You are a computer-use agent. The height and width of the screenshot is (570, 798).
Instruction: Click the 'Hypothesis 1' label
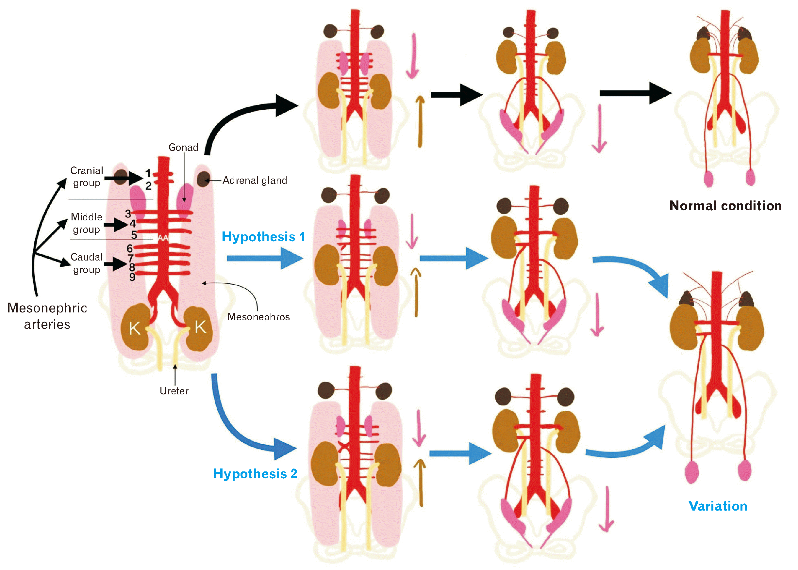(x=263, y=237)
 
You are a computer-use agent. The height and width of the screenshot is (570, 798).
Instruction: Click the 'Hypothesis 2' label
(x=255, y=474)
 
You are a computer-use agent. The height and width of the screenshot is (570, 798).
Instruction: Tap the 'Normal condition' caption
(x=726, y=206)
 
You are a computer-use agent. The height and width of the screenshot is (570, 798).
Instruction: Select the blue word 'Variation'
(x=718, y=506)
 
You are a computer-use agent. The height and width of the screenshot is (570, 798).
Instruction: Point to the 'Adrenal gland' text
(x=255, y=181)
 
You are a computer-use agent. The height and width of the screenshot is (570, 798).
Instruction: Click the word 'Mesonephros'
(x=258, y=317)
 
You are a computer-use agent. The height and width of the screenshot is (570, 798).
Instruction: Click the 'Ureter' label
(x=174, y=391)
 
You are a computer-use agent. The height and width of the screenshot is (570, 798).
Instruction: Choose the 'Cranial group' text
(x=87, y=177)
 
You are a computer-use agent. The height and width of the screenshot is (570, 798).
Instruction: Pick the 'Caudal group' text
(x=87, y=263)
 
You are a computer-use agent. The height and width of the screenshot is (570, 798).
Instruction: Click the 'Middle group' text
(x=86, y=223)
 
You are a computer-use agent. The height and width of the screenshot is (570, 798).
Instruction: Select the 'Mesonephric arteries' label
(x=47, y=316)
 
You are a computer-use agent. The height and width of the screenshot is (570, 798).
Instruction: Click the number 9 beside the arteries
(x=132, y=277)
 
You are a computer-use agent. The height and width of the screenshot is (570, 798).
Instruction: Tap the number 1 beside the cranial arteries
(x=148, y=173)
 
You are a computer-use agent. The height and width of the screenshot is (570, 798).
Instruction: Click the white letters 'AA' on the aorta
(x=163, y=238)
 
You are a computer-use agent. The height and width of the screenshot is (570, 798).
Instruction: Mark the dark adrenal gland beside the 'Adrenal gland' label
(x=203, y=179)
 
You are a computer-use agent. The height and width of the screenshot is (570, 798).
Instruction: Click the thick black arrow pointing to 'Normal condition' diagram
(x=636, y=93)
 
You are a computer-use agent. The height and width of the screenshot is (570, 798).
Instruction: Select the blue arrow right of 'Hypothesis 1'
(x=265, y=259)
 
